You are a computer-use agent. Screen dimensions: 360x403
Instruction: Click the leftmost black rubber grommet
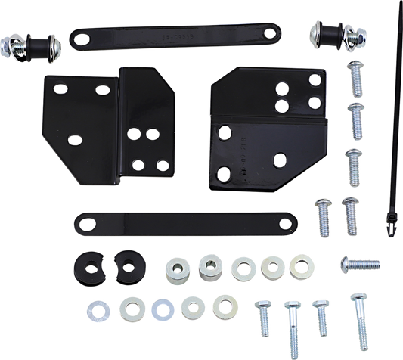click(84, 268)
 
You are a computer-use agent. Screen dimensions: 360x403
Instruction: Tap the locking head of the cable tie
click(390, 222)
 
